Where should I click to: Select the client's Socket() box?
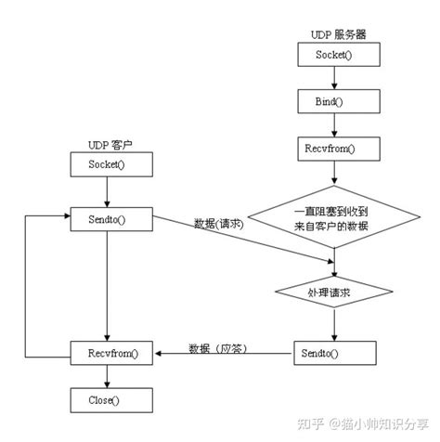point(109,164)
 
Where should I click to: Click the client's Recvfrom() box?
point(109,354)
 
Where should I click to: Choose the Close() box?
point(109,401)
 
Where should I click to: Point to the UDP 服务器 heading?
point(336,34)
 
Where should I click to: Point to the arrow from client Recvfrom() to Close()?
point(109,377)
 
